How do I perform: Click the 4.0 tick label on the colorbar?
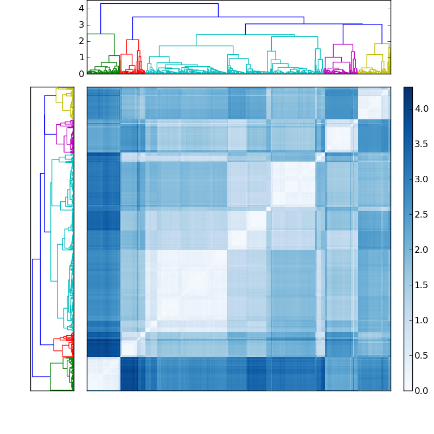click(x=422, y=109)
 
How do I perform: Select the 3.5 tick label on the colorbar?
click(x=422, y=144)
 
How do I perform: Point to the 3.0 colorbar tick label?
click(x=422, y=180)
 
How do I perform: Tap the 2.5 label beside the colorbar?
click(x=422, y=215)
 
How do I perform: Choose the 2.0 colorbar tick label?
click(x=422, y=250)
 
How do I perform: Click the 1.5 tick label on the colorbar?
click(x=422, y=285)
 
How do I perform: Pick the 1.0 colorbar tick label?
click(x=422, y=320)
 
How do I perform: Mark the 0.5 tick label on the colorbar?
click(x=422, y=355)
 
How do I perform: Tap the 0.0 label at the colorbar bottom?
click(x=422, y=391)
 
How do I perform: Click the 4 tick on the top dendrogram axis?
click(x=81, y=9)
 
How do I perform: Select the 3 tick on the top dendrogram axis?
click(x=81, y=25)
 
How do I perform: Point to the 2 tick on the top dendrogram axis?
click(x=81, y=41)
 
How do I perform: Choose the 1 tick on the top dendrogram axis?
click(x=81, y=58)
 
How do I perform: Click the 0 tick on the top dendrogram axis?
click(x=81, y=74)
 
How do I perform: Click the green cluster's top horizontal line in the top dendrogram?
click(x=101, y=34)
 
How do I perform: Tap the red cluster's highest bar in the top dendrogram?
click(x=132, y=40)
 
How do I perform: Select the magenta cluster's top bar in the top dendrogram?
click(x=343, y=44)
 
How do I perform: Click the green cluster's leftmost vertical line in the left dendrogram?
click(x=50, y=376)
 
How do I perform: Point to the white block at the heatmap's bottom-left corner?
click(x=103, y=374)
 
